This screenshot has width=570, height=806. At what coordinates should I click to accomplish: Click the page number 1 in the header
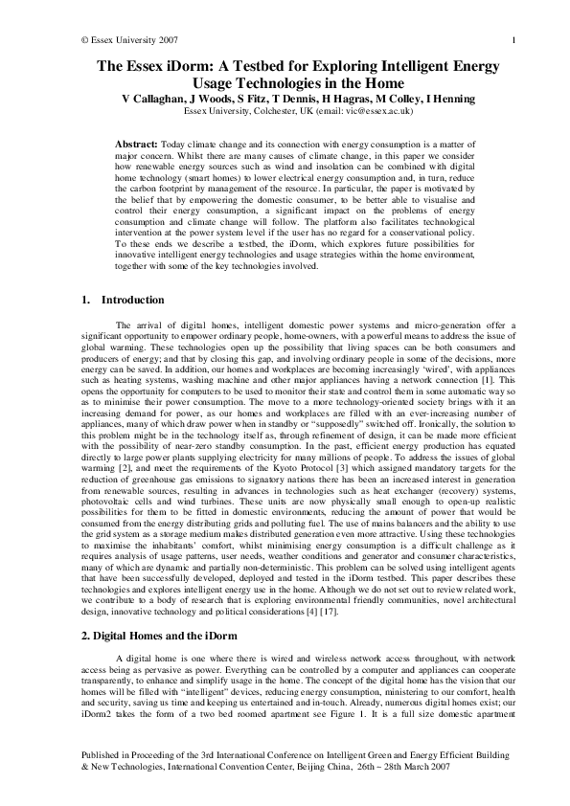(x=513, y=39)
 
